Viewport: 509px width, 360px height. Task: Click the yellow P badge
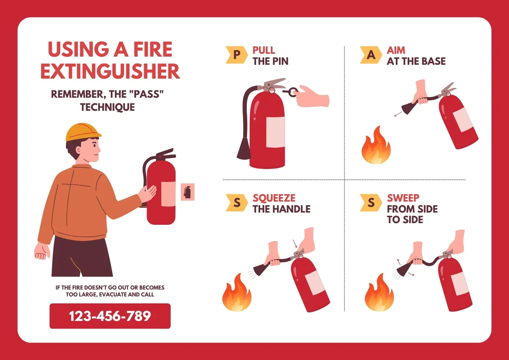coord(237,55)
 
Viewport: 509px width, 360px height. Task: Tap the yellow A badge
coord(371,55)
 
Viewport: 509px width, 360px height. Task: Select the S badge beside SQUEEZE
coord(237,202)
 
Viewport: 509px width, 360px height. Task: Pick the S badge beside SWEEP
coord(371,202)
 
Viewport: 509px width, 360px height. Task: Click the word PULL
coord(263,50)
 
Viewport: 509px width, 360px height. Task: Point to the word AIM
coord(396,50)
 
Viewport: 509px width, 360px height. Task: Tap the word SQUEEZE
coord(274,198)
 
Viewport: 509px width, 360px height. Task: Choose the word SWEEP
coord(403,198)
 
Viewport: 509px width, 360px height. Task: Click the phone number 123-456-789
coord(110,316)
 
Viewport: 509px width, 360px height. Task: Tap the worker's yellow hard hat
coord(83,132)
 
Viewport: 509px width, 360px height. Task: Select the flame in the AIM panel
coord(376,145)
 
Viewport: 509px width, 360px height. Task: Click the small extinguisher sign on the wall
coord(187,192)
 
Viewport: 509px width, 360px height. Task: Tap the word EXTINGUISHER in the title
coord(110,71)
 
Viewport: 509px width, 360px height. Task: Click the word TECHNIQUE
coord(108,107)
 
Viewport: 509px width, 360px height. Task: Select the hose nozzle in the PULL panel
coord(244,148)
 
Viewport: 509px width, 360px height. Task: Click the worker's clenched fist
coord(42,251)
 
